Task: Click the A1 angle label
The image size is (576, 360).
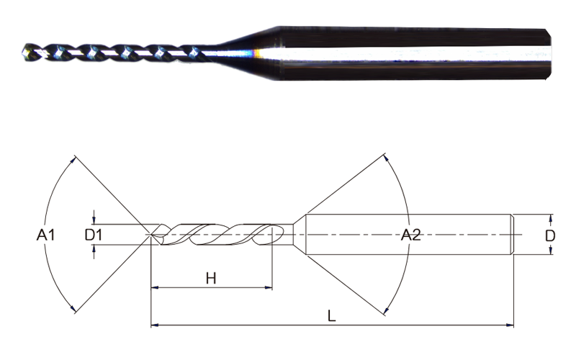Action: pyautogui.click(x=45, y=235)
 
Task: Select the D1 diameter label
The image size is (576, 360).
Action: pyautogui.click(x=94, y=235)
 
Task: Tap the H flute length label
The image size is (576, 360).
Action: pyautogui.click(x=211, y=279)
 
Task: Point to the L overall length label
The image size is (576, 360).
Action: pyautogui.click(x=331, y=316)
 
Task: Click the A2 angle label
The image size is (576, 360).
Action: pyautogui.click(x=410, y=235)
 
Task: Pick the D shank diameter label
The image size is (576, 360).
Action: pyautogui.click(x=550, y=235)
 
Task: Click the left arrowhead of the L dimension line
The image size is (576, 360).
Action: pyautogui.click(x=155, y=325)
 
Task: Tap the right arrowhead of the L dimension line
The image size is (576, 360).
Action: pyautogui.click(x=510, y=325)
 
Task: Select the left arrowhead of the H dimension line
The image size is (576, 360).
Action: pyautogui.click(x=155, y=287)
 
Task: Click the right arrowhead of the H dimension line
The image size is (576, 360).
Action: pyautogui.click(x=269, y=287)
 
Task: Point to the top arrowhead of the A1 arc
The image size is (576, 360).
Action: pyautogui.click(x=73, y=159)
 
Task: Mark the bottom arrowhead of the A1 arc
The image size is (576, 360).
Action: pyautogui.click(x=73, y=309)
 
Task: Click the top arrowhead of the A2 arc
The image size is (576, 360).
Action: pyautogui.click(x=386, y=157)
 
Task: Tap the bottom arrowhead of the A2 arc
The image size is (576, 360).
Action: pyautogui.click(x=386, y=311)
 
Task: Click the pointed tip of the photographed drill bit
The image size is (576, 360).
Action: pyautogui.click(x=23, y=53)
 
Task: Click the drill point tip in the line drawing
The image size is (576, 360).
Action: pyautogui.click(x=151, y=235)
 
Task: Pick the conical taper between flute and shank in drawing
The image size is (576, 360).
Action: pyautogui.click(x=300, y=235)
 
